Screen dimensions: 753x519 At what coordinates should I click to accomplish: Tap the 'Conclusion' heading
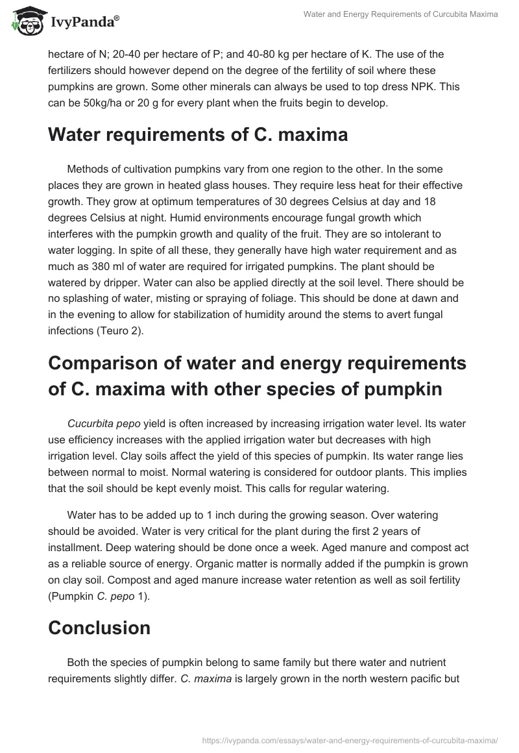coord(99,628)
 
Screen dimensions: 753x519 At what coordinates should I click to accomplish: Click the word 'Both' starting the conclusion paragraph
coord(78,663)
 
